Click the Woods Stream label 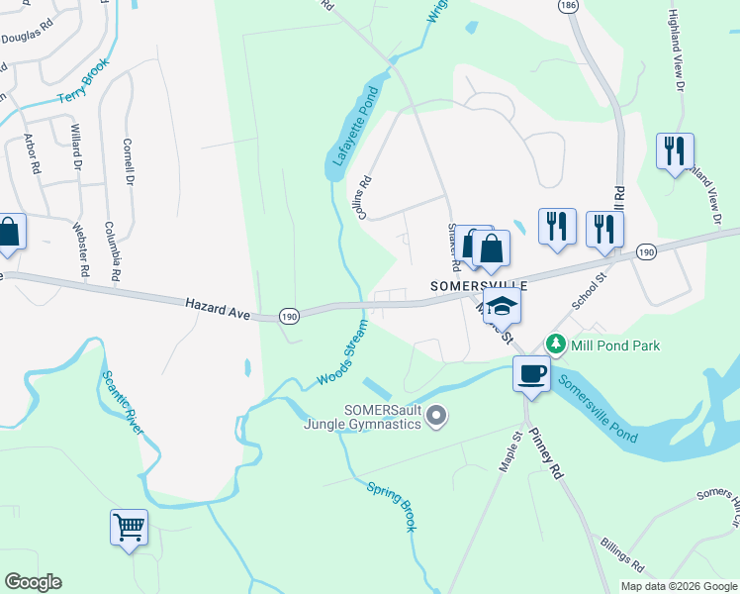pos(342,353)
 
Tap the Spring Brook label pos(392,506)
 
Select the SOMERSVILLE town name pos(480,284)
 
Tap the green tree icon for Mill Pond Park pos(556,345)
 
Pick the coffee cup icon pos(531,375)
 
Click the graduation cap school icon pos(503,306)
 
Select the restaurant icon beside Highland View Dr pos(675,151)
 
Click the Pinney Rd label pos(545,454)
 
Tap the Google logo pos(33,582)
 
